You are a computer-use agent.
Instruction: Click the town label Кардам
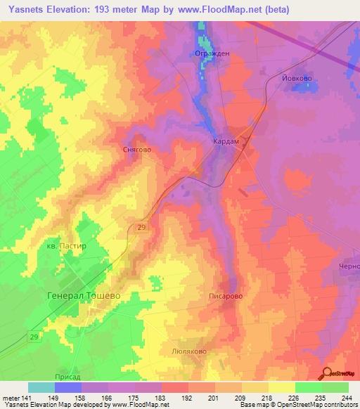tap(226, 141)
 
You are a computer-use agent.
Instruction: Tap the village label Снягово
tap(137, 150)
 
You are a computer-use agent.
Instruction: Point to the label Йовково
tap(296, 78)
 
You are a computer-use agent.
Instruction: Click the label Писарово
tap(226, 297)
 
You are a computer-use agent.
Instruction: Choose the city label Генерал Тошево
tap(84, 296)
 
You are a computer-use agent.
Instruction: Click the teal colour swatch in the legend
tap(41, 387)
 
